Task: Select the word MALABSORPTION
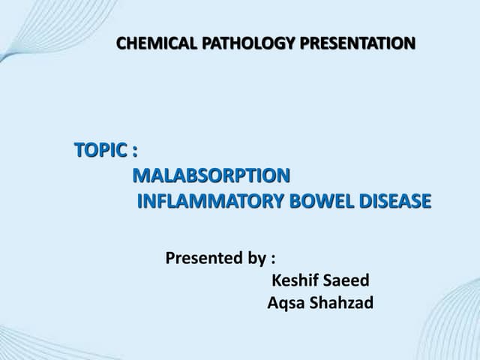click(211, 176)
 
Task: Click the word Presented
click(204, 259)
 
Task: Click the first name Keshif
click(295, 281)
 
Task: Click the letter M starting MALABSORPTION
click(140, 176)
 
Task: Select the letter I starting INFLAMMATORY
click(140, 201)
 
